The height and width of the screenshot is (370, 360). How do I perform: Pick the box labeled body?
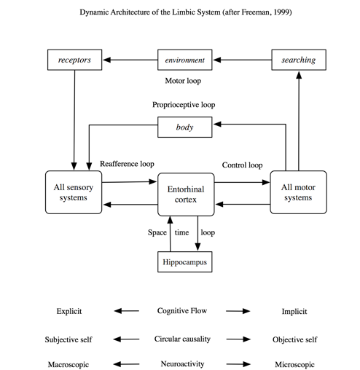184,127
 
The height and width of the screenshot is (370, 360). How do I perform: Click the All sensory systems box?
74,192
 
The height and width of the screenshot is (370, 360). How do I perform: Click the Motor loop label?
184,81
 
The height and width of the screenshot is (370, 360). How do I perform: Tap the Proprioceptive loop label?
184,105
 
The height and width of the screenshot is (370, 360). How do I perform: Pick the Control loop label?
242,165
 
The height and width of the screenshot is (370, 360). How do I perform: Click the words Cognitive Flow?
184,311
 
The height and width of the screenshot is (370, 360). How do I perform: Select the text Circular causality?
184,339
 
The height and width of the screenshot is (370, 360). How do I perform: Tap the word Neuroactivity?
184,362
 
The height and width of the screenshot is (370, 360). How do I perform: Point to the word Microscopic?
294,362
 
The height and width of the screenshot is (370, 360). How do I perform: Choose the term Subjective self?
69,339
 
